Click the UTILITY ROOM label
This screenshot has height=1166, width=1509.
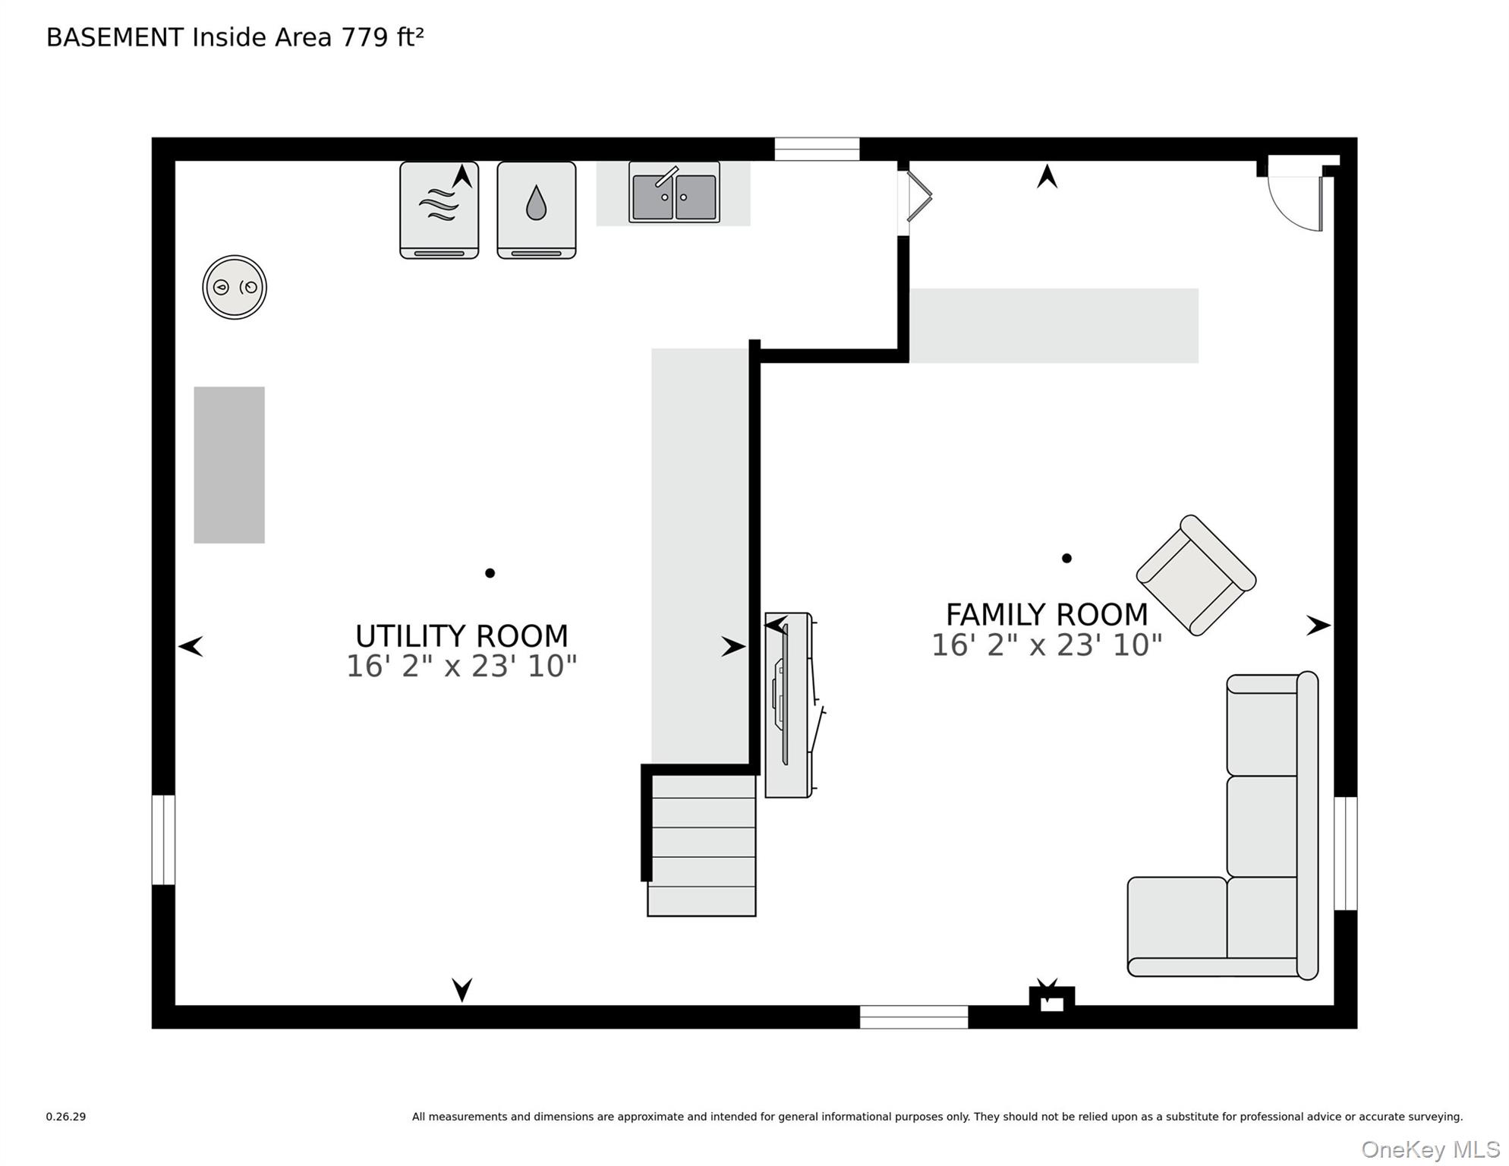point(462,635)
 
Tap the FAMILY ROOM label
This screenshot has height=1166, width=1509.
point(1047,614)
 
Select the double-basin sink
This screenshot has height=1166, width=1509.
point(674,192)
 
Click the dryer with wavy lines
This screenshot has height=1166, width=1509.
point(439,210)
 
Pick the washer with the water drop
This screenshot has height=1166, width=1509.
point(537,210)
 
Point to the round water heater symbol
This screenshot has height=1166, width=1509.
point(235,287)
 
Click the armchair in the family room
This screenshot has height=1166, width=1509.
point(1196,575)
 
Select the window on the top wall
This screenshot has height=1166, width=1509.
point(817,149)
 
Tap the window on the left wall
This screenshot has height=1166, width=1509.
point(163,840)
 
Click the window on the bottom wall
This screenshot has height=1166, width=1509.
point(914,1017)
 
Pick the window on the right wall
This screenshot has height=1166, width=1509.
point(1346,853)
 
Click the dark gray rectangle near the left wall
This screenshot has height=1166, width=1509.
point(229,465)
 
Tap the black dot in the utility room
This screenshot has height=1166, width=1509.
point(490,573)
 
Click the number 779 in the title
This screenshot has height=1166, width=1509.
point(365,37)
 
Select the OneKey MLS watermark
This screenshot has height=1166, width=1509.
point(1431,1150)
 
